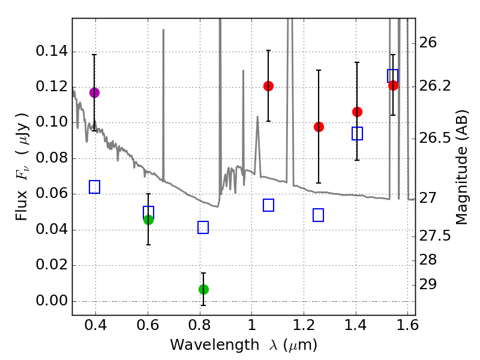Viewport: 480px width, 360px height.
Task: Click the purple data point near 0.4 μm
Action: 94,92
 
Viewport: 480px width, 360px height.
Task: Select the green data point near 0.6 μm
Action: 148,220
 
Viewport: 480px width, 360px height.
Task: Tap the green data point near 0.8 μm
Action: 203,289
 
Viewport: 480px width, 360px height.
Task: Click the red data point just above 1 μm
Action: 268,86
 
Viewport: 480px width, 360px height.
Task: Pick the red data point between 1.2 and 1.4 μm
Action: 319,127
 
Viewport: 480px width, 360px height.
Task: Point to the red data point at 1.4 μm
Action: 357,112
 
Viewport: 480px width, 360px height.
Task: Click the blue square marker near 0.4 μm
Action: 94,187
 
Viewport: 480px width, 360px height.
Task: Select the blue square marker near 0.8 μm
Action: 203,227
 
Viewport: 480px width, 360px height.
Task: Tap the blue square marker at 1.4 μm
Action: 357,133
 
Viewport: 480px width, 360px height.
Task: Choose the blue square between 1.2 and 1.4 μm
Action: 319,215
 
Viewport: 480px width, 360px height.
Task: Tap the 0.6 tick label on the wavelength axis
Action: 148,327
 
